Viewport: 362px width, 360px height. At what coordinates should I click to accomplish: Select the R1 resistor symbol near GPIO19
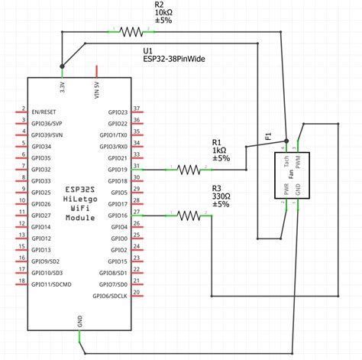(188, 169)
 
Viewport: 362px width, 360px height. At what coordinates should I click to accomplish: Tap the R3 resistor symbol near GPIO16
(188, 216)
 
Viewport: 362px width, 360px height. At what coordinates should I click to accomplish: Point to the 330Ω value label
(221, 196)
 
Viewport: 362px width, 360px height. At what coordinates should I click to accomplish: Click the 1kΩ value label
(220, 150)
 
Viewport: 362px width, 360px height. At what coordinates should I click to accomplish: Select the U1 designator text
(148, 48)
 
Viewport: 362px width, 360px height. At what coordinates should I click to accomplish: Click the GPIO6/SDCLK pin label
(111, 296)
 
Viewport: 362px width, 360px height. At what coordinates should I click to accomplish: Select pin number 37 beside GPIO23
(136, 109)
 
